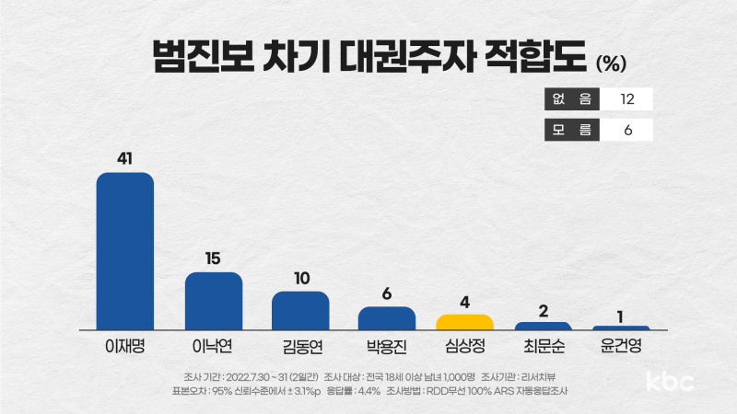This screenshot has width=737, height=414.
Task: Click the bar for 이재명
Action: pyautogui.click(x=125, y=250)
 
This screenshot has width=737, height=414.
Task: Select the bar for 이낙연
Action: pyautogui.click(x=214, y=301)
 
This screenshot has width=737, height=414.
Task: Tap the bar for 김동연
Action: pyautogui.click(x=300, y=310)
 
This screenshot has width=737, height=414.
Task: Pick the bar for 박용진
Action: pyautogui.click(x=386, y=317)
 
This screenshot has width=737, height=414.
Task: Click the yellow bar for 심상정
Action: pyautogui.click(x=464, y=322)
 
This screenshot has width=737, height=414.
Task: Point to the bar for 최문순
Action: pyautogui.click(x=544, y=326)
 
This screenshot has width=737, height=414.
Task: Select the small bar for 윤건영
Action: pyautogui.click(x=621, y=328)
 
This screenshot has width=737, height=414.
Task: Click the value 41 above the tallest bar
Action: pyautogui.click(x=125, y=159)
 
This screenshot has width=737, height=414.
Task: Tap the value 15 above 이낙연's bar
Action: pyautogui.click(x=213, y=259)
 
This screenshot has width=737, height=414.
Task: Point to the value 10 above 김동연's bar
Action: pyautogui.click(x=300, y=278)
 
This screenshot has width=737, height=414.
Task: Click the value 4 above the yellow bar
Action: pyautogui.click(x=465, y=301)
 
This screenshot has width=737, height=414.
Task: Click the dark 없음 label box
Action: pyautogui.click(x=572, y=98)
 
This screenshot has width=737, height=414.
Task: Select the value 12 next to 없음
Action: pyautogui.click(x=627, y=98)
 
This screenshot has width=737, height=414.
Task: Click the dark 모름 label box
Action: pyautogui.click(x=572, y=130)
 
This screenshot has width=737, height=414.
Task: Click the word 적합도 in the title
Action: pyautogui.click(x=527, y=57)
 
